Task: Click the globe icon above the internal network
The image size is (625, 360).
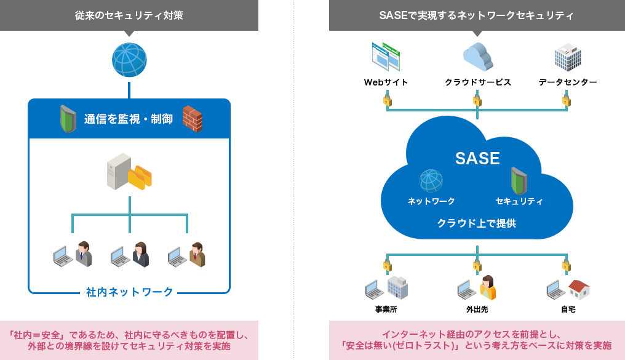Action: tap(129, 60)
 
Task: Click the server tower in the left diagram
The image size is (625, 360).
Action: tap(118, 170)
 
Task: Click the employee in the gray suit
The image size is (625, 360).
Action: tap(83, 254)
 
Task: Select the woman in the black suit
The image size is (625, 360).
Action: tap(140, 254)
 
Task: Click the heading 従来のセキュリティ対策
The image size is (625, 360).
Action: tap(129, 15)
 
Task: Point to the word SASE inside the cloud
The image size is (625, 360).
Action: tap(477, 159)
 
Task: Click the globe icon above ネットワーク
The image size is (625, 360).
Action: tap(431, 181)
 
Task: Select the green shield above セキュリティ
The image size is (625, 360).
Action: tap(519, 180)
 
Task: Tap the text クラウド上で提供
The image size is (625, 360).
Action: tap(477, 223)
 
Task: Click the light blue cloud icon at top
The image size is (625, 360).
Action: tap(478, 57)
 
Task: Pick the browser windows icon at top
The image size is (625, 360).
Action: tap(386, 57)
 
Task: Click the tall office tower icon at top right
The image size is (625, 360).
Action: tap(567, 57)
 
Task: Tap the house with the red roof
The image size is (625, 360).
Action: tap(579, 289)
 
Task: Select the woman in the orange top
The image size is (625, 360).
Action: tap(487, 287)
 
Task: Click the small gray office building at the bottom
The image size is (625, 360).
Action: tap(397, 287)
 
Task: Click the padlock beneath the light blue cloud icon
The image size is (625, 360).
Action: tap(477, 100)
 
